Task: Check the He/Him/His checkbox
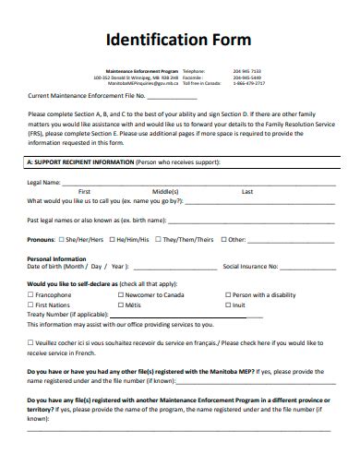pyautogui.click(x=112, y=239)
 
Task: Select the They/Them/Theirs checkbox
pyautogui.click(x=158, y=239)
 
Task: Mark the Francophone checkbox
pyautogui.click(x=30, y=294)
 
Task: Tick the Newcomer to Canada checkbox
pyautogui.click(x=122, y=294)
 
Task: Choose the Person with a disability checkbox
pyautogui.click(x=225, y=294)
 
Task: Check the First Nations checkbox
pyautogui.click(x=30, y=304)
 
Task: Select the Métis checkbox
pyautogui.click(x=122, y=304)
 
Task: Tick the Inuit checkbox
pyautogui.click(x=225, y=304)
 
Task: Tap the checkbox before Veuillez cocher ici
pyautogui.click(x=30, y=341)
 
